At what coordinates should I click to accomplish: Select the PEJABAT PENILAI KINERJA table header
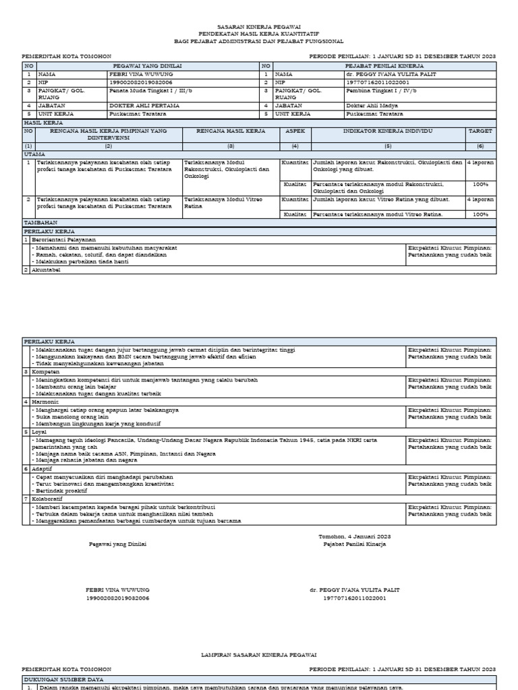click(x=384, y=66)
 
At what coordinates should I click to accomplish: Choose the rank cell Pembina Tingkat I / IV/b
click(x=381, y=89)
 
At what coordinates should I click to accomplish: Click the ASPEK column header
click(x=295, y=131)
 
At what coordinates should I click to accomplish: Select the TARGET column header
click(x=481, y=131)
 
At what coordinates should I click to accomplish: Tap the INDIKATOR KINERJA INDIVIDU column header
click(x=388, y=131)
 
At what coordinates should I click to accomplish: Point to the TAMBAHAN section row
click(x=40, y=222)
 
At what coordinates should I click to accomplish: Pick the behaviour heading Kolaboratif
click(x=47, y=499)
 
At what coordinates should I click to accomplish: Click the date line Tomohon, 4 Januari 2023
click(x=354, y=536)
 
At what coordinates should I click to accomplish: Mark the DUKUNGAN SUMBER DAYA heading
click(x=64, y=679)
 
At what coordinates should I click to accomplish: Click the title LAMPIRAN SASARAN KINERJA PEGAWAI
click(x=259, y=654)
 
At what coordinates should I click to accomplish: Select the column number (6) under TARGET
click(x=481, y=146)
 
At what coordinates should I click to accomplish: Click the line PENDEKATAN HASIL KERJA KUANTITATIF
click(x=259, y=32)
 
